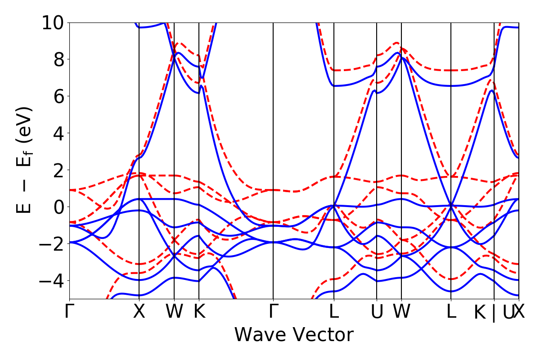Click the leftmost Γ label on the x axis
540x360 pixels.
click(69, 312)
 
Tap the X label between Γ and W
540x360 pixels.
click(139, 312)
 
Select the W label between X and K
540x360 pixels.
click(174, 312)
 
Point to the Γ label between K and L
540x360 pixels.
click(273, 312)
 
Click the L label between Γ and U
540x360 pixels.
click(334, 312)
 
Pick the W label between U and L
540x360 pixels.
click(401, 312)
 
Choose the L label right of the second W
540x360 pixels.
click(451, 312)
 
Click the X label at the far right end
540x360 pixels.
click(519, 312)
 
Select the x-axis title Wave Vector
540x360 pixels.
click(294, 335)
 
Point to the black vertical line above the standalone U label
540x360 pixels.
click(377, 135)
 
